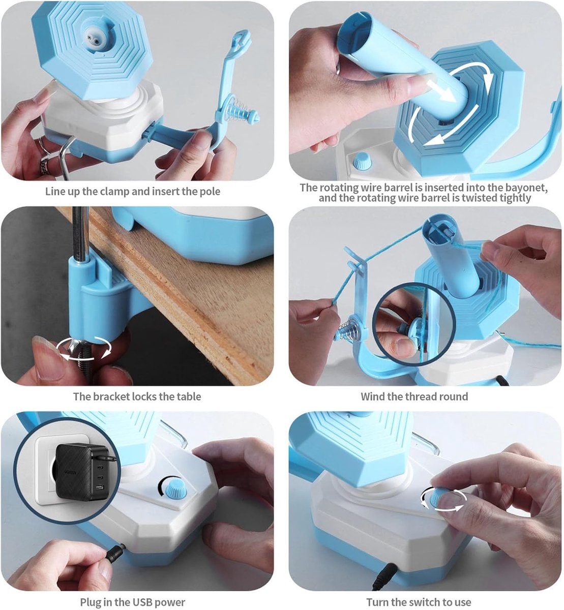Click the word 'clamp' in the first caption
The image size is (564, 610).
pyautogui.click(x=114, y=192)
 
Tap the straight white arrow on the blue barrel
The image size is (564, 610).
pyautogui.click(x=440, y=89)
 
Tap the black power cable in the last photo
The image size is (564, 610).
pyautogui.click(x=383, y=575)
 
